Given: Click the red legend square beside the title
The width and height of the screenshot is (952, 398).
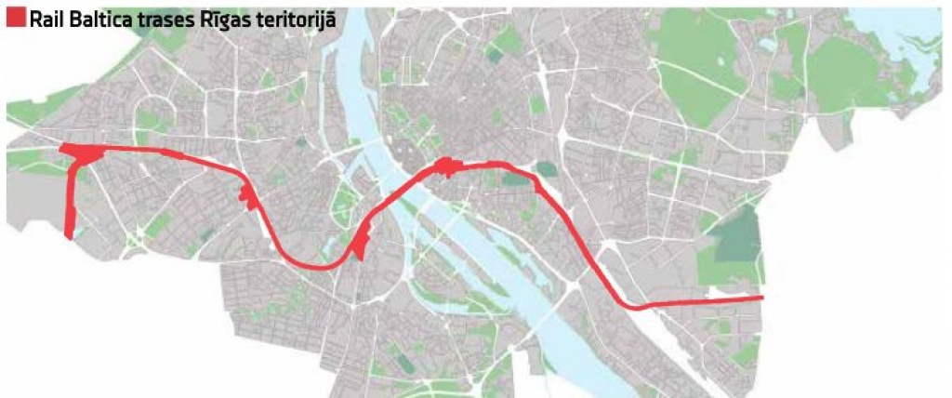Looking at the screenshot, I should click(x=15, y=18).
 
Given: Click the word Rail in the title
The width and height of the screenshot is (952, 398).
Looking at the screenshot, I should click(x=46, y=18).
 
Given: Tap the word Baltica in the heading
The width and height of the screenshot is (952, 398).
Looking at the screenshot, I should click(x=101, y=18).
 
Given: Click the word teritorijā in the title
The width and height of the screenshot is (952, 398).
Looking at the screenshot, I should click(x=292, y=18).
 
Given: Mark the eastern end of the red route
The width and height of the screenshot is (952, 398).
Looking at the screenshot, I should click(x=761, y=298).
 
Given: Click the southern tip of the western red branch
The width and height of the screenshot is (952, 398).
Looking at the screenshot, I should click(x=71, y=234).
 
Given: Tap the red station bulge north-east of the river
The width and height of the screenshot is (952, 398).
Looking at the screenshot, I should click(x=444, y=166).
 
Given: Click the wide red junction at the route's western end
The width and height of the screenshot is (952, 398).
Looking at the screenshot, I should click(x=82, y=155).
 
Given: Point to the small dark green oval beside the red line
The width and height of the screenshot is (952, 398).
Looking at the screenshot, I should click(x=546, y=169).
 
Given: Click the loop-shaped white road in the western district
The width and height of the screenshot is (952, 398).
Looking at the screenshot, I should click(x=149, y=119).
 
